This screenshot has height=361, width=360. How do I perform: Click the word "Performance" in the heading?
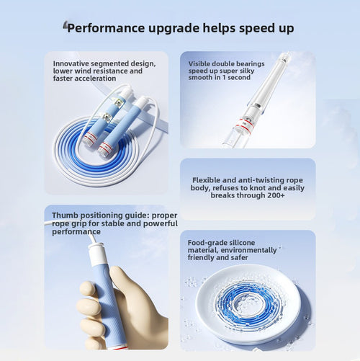click(x=106, y=28)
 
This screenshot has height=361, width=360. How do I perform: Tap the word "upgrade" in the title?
click(x=174, y=29)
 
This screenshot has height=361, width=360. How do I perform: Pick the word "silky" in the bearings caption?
click(x=246, y=71)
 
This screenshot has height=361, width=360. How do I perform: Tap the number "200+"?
click(x=276, y=195)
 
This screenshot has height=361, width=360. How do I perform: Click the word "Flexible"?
click(x=206, y=180)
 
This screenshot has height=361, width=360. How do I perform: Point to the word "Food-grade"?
click(x=204, y=243)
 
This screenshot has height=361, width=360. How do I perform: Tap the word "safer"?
click(x=239, y=257)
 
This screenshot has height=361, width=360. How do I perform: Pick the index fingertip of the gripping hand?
click(x=86, y=288)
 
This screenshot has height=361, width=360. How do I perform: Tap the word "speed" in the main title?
click(x=257, y=29)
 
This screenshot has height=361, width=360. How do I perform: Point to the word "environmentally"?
click(x=248, y=250)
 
